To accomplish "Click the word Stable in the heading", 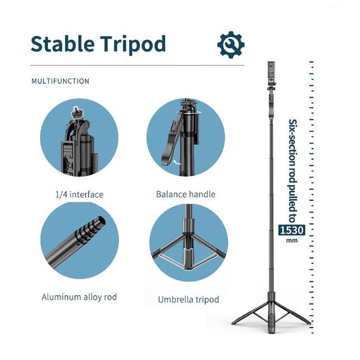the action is tap(63, 44).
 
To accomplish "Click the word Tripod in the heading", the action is tap(133, 45).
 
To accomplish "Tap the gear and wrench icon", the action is tap(231, 45).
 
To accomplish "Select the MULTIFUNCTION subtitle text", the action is tap(60, 81).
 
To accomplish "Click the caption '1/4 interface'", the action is tap(79, 195).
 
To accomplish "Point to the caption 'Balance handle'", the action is tap(186, 194).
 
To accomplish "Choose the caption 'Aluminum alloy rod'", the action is tap(79, 297).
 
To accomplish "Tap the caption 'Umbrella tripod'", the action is tap(188, 300).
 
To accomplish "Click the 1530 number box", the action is tap(292, 230).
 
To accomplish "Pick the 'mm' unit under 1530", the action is tap(292, 240).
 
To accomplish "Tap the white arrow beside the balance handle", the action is tap(177, 163).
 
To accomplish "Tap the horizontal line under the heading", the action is tap(138, 65).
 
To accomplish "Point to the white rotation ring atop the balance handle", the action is tap(188, 112).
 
